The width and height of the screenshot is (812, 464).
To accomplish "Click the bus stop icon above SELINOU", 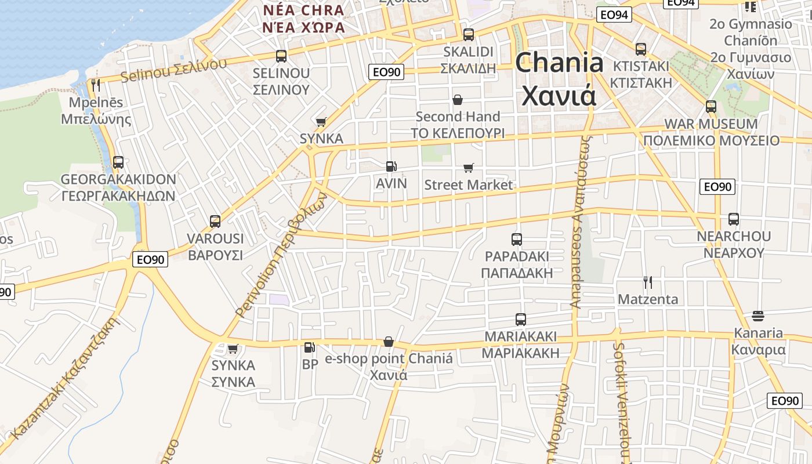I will pos(281,56).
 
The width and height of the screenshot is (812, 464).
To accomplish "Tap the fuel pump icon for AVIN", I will pos(391,166).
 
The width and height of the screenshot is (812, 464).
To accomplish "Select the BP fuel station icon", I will pos(310,347).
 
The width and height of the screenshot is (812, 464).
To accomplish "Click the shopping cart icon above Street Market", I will pos(468,168).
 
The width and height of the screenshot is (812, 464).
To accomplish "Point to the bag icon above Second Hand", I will pos(458,100).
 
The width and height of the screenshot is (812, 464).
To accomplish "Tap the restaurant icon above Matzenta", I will pos(648,282).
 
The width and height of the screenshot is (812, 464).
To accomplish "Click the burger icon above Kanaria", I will pos(758,316).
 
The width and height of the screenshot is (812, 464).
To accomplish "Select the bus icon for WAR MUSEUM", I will pos(711,107).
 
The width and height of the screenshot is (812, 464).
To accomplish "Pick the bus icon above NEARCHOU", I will pos(734,219).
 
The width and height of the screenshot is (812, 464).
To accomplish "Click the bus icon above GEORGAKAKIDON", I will pos(118,162).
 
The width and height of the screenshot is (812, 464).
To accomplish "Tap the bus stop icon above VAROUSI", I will pos(215,222).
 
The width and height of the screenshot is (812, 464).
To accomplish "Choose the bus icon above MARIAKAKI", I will pos(521,320).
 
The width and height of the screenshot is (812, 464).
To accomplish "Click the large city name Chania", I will pos(559,63).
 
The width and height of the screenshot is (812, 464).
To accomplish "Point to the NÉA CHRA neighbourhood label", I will pos(303,10).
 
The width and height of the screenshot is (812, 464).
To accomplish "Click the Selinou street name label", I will pos(173,70).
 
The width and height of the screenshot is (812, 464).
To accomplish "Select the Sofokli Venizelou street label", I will pos(621,400).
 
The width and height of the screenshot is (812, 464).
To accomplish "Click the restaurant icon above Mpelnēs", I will pos(96,85).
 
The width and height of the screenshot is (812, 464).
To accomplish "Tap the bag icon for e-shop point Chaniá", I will pos(389,342).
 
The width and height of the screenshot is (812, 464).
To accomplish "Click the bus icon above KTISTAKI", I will pos(641,49).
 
